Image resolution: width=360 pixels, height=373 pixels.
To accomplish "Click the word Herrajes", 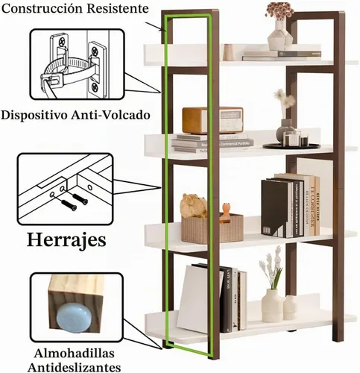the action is point(66,240).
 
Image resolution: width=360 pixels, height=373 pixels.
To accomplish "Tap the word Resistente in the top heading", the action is point(118,8).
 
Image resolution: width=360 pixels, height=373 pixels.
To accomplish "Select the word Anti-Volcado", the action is point(110,115).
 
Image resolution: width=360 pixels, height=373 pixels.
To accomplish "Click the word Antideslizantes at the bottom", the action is point(75,367).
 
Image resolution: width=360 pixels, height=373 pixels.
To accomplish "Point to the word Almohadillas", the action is point(75,354).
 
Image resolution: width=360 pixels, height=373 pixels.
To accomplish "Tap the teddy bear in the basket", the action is point(193,205).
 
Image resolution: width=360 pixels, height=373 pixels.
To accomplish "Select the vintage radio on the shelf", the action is point(212,120).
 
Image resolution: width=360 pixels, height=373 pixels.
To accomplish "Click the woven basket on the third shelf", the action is point(212,228).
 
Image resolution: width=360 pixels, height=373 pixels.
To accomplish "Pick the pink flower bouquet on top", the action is point(280,10).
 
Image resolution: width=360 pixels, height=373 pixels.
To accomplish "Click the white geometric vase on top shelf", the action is point(280,36).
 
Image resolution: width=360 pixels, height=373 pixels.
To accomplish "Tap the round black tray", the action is point(291,146).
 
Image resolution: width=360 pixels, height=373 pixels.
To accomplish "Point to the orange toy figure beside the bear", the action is point(226,211).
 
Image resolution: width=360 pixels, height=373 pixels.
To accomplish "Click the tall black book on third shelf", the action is point(274,207).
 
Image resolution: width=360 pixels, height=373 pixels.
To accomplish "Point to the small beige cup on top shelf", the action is point(229,52).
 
